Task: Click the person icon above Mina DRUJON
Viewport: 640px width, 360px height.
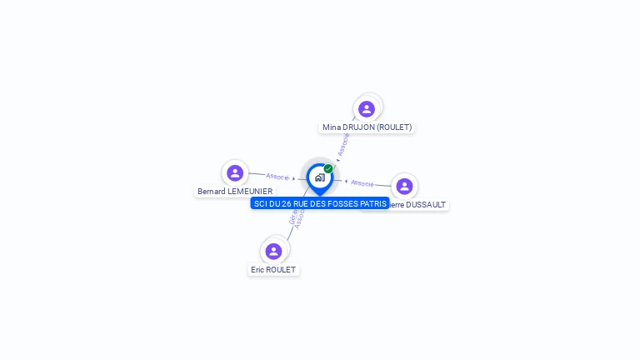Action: pos(367,109)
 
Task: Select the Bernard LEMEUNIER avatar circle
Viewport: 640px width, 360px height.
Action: pos(235,173)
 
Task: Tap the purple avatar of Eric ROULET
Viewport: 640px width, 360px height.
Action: pos(273,251)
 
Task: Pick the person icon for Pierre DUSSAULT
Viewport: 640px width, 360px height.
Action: pos(404,186)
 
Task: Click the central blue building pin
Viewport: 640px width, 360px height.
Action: pos(318,177)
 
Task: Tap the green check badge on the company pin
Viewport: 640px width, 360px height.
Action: pos(328,168)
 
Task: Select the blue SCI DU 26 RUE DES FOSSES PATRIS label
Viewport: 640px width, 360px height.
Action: pos(320,203)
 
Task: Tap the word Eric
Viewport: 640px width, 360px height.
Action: pos(257,270)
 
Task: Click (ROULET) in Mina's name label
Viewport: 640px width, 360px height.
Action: pos(395,127)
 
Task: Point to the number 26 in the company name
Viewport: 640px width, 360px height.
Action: pos(287,203)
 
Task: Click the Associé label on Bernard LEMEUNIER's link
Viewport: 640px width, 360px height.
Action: pos(277,177)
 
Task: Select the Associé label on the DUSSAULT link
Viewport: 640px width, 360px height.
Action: pos(362,182)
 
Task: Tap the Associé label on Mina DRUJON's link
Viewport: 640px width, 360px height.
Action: pos(342,144)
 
